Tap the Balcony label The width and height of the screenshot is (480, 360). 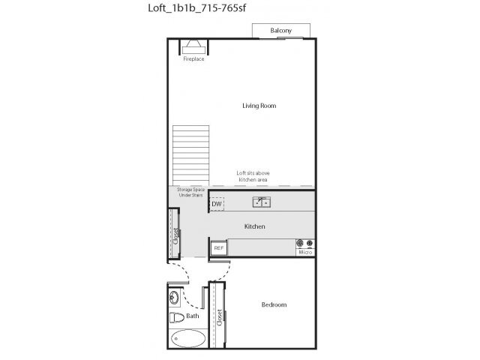(280, 31)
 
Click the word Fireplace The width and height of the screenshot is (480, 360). (194, 59)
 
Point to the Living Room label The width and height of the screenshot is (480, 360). (259, 106)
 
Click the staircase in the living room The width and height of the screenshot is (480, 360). (188, 153)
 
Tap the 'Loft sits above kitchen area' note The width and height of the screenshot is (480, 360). (253, 176)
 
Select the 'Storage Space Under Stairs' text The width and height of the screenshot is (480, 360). (190, 193)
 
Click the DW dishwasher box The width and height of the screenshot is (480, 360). (216, 204)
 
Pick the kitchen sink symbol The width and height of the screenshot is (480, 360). (262, 202)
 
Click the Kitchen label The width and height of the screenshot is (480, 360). (255, 226)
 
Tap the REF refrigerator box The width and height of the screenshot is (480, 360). (219, 247)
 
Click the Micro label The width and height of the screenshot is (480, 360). (305, 253)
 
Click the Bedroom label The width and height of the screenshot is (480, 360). (274, 304)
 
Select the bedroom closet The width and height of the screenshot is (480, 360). (218, 315)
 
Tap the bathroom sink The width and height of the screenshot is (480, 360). (174, 298)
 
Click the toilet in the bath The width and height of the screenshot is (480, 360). (177, 316)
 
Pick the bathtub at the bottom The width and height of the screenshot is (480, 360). (187, 338)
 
